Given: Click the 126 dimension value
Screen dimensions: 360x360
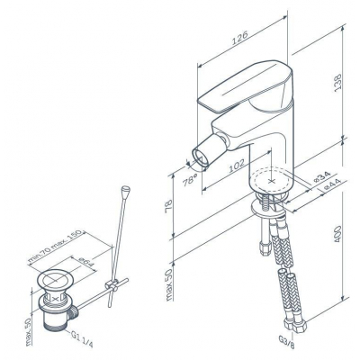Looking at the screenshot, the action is point(240,38).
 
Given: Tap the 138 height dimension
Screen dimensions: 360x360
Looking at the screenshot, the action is point(337,82).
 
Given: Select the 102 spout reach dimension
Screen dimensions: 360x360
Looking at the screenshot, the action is point(237,166).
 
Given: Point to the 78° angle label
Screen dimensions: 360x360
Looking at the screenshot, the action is point(190,179).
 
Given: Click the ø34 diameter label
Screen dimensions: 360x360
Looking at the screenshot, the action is point(321,177).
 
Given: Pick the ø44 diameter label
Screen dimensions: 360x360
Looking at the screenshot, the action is point(331,184).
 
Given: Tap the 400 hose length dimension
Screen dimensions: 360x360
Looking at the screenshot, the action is point(337,234).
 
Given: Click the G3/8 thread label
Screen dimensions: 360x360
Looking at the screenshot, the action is point(287,342).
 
